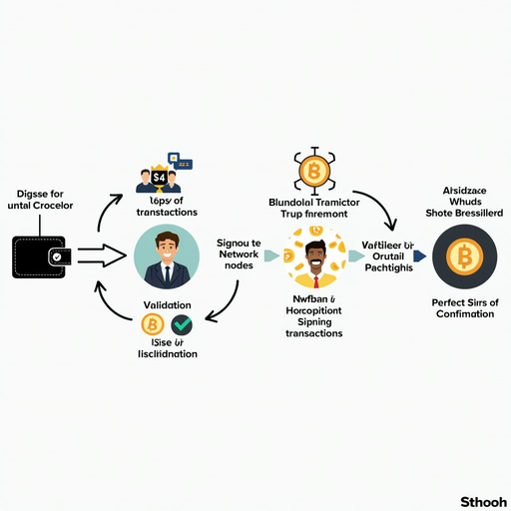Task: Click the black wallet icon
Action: tap(39, 257)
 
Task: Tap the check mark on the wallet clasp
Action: tap(56, 257)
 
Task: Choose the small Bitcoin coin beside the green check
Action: tap(153, 325)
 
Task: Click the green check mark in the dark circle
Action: tap(182, 325)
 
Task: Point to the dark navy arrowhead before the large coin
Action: tap(419, 256)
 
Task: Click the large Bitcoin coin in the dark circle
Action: tap(463, 258)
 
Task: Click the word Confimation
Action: tap(465, 314)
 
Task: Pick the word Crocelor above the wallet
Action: tap(68, 206)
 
